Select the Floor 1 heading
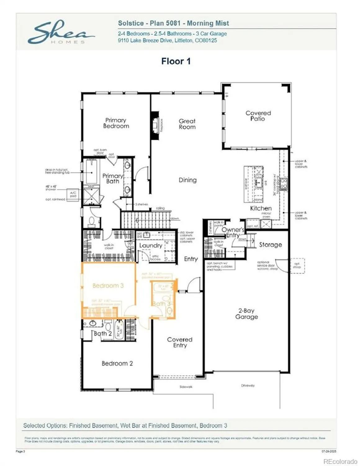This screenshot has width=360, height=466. point(176,61)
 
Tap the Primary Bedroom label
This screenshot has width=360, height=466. point(116,123)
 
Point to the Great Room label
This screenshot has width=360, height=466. point(187,124)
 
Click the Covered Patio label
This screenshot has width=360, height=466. point(258,116)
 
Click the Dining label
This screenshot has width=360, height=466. point(187,180)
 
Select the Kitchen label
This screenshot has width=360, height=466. point(261,208)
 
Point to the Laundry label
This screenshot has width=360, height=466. point(151,245)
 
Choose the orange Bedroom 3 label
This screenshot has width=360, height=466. point(108,286)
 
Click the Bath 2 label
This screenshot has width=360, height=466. point(102,334)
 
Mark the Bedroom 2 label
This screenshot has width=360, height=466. point(117,363)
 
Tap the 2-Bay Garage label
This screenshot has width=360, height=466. point(246,314)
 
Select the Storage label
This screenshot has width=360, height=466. point(270,245)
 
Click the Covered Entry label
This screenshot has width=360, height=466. point(180,342)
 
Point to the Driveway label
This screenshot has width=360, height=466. point(248,386)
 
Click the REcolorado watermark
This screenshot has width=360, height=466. point(340,461)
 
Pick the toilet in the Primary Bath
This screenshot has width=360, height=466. point(92,221)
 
